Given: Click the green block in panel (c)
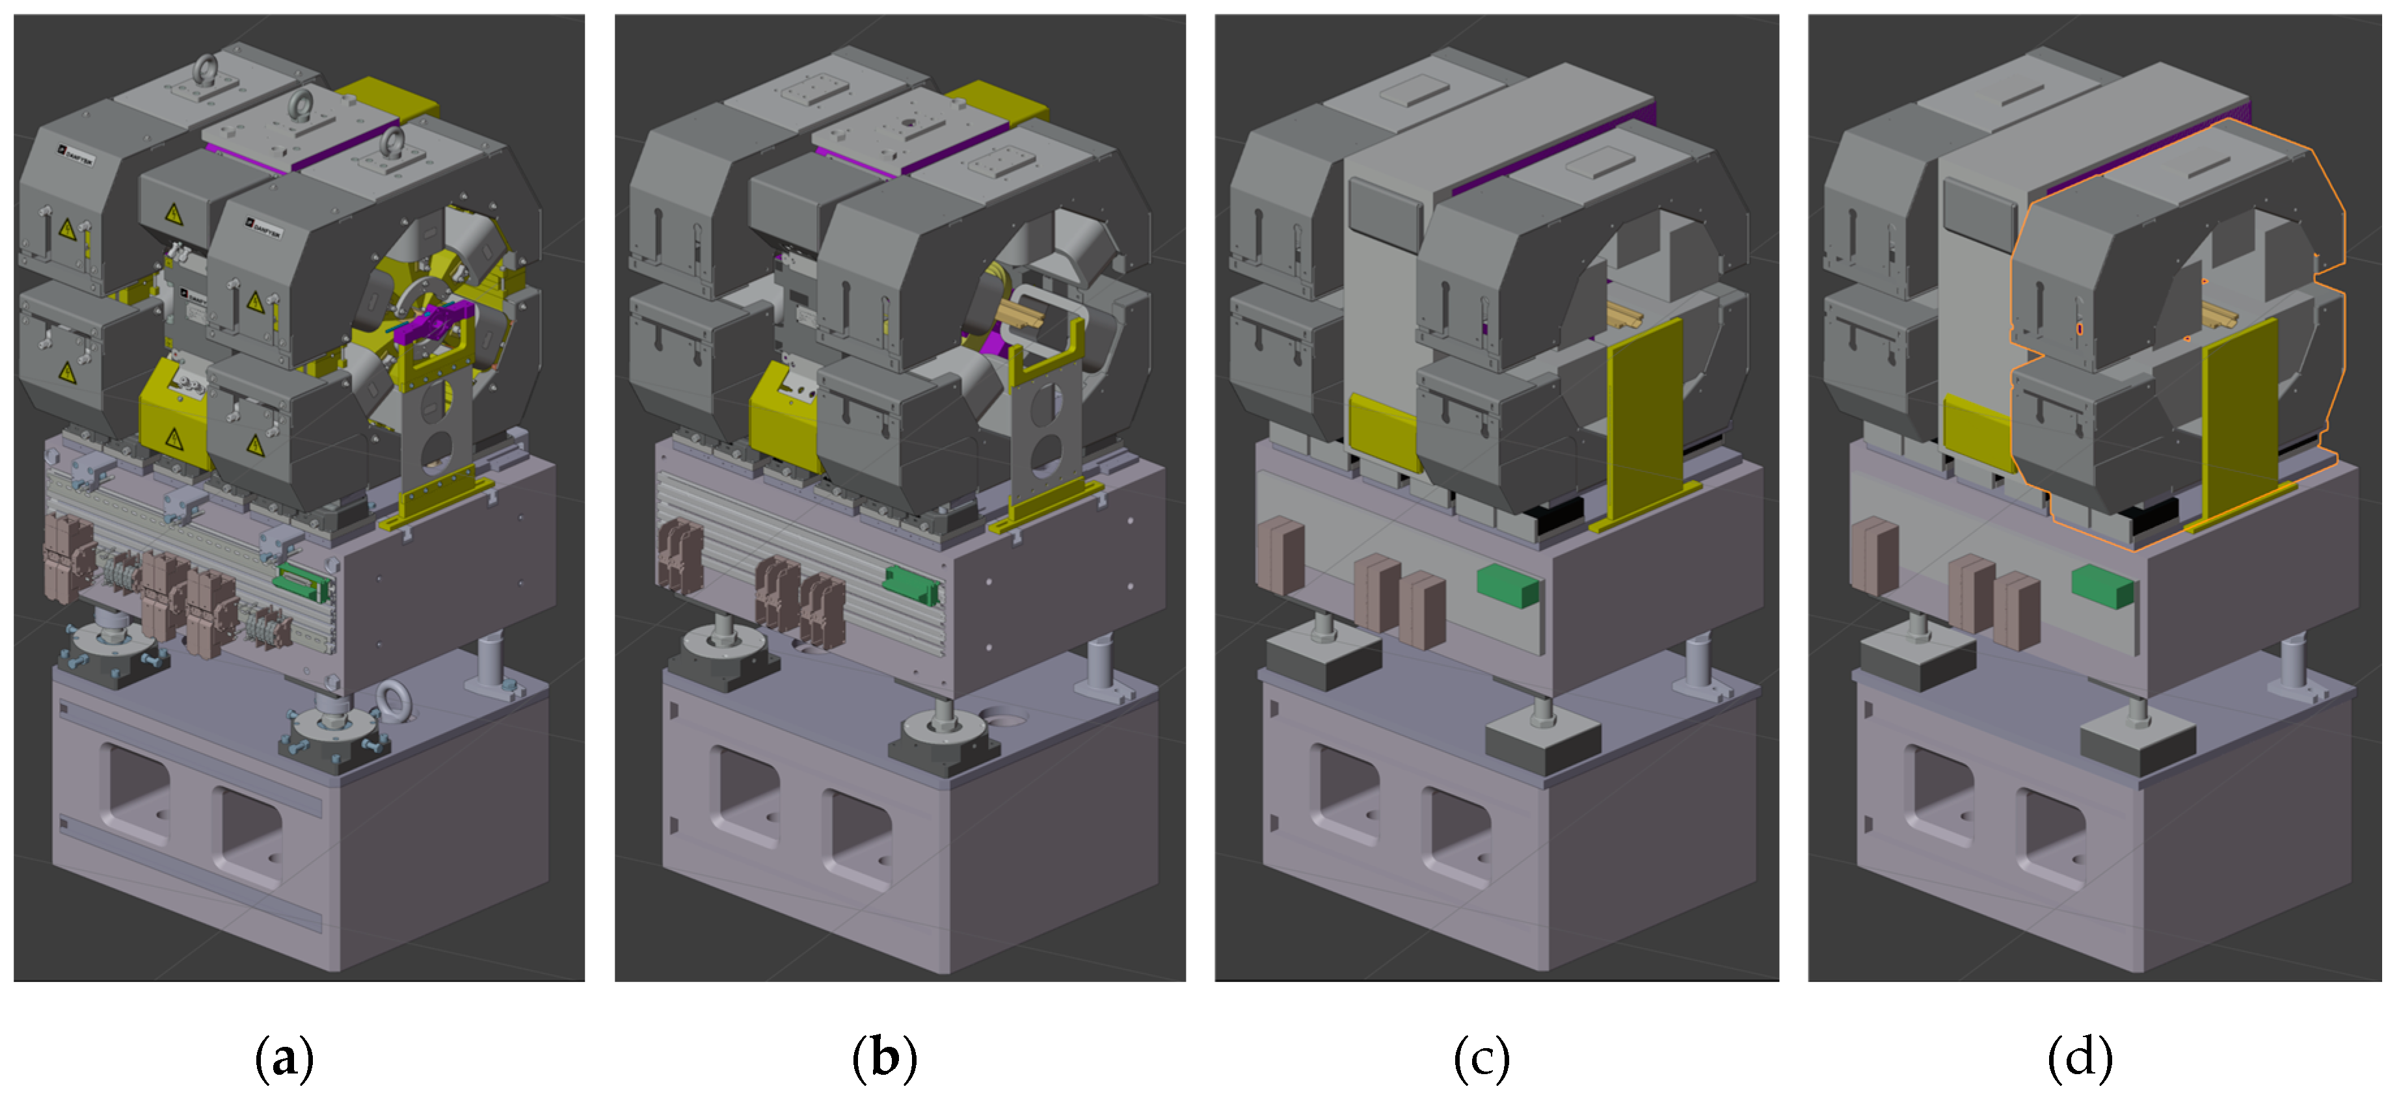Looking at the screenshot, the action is click(x=1508, y=585).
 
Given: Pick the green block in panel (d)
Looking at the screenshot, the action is click(x=2102, y=585).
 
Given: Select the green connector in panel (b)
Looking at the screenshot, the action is click(x=911, y=585).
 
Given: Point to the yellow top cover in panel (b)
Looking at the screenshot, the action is click(x=995, y=103).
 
